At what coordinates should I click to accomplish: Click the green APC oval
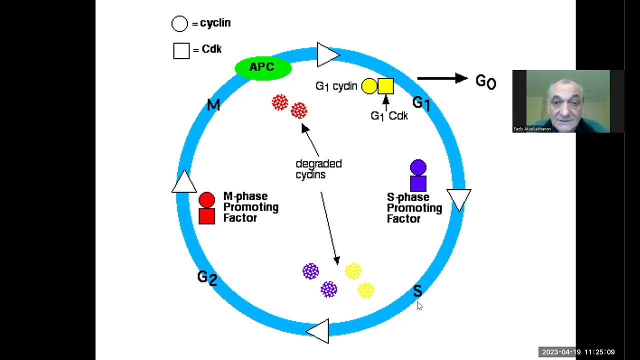(263, 68)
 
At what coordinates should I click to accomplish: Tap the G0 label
(485, 81)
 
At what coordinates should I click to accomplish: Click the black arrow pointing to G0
(442, 78)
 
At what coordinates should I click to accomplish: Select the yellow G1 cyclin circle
(369, 86)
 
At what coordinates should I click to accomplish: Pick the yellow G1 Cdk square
(385, 86)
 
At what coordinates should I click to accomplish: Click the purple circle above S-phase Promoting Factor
(418, 167)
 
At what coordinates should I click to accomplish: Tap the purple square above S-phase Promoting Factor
(418, 183)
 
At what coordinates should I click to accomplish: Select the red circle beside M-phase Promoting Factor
(206, 200)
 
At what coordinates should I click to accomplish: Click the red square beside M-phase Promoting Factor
(206, 216)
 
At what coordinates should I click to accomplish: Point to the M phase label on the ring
(213, 105)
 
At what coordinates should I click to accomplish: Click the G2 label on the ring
(207, 277)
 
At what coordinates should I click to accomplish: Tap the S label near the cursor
(417, 290)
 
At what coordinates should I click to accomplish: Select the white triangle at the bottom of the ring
(319, 330)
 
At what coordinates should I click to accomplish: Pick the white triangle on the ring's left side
(184, 182)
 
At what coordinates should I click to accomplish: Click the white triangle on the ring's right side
(458, 199)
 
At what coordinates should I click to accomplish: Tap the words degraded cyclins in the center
(318, 169)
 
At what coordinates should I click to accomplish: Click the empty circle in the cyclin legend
(179, 23)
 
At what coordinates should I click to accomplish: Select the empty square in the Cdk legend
(181, 50)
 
